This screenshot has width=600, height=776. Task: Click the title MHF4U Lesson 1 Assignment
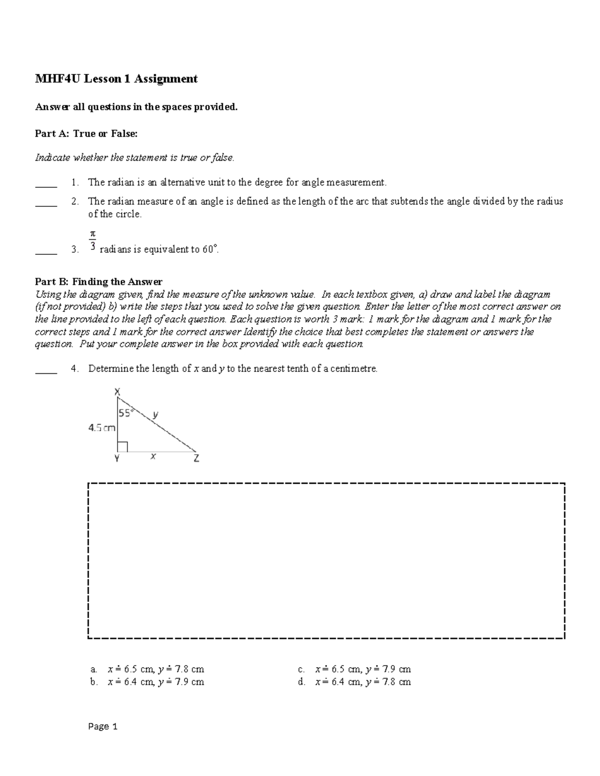coord(116,79)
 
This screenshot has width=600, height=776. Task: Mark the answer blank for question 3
coord(46,254)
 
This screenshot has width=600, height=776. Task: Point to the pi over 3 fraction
coord(92,240)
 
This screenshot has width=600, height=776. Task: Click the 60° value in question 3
coord(210,249)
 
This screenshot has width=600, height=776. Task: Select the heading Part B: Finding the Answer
coord(98,282)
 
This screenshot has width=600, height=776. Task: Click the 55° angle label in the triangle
coord(126,413)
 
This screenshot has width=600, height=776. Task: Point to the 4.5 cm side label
coord(101,428)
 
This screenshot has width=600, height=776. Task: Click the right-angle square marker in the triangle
coord(123,446)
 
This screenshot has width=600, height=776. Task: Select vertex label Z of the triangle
coord(196,458)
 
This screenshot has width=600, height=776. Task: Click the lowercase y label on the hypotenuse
coord(155,414)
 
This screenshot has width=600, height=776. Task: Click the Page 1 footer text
coord(102,727)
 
